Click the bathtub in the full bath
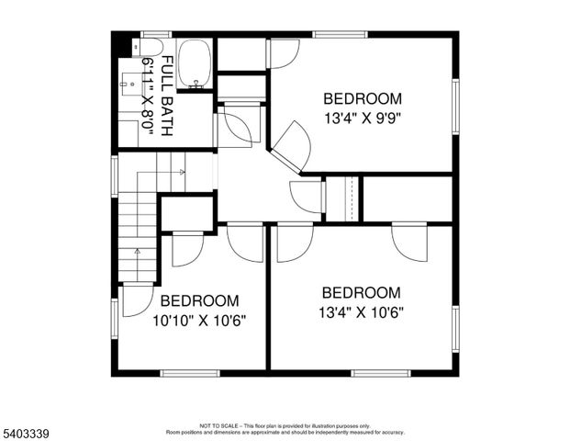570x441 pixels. (194, 64)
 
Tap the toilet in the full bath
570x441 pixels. (152, 47)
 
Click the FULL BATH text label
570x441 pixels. (167, 96)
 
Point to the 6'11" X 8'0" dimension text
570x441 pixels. (148, 96)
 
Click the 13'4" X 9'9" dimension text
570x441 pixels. (363, 118)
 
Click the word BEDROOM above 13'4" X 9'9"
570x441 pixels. (363, 98)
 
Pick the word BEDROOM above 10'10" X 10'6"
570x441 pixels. (199, 300)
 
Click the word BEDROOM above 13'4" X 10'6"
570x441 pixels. (362, 292)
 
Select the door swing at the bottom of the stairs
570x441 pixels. (136, 300)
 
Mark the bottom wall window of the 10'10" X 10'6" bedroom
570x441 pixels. (189, 373)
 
